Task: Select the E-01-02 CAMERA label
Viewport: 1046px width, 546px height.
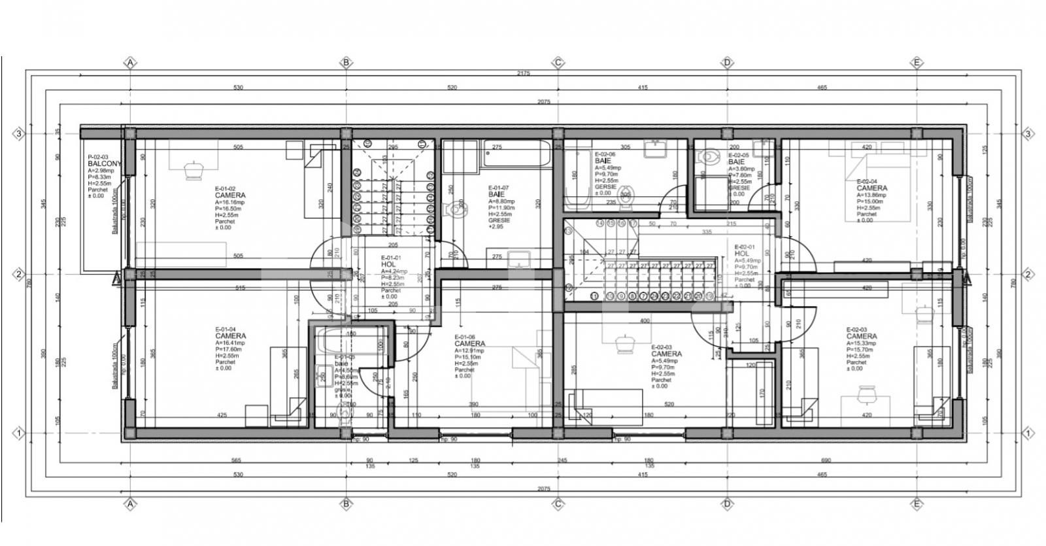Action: coord(230,195)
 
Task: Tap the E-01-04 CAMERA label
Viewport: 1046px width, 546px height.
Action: coord(230,336)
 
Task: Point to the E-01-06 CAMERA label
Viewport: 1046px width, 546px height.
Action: coord(469,343)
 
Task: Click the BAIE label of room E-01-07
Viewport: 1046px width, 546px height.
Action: coord(496,195)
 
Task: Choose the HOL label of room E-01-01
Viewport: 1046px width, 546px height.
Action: coord(388,265)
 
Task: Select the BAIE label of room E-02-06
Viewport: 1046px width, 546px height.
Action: coord(603,161)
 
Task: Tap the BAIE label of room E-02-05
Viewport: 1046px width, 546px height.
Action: coord(736,162)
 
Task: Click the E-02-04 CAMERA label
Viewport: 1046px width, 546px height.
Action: coord(871,188)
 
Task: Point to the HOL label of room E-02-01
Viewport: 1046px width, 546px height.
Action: coord(741,254)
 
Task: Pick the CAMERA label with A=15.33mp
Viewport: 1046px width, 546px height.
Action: coord(861,337)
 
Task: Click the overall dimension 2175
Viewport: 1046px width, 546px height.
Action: coord(523,73)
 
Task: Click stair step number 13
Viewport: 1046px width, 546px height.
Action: coord(568,231)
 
